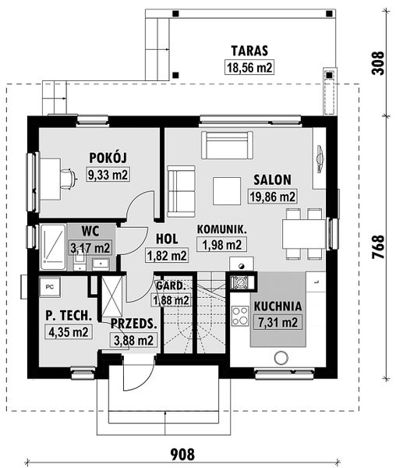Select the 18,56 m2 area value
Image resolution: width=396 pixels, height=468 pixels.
[x=249, y=67]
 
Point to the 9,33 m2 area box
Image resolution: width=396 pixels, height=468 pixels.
[x=108, y=175]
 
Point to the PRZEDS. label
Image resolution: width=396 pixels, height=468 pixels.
[x=133, y=323]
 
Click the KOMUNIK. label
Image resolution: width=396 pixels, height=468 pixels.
[x=221, y=229]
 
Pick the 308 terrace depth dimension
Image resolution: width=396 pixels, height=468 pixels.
[x=379, y=62]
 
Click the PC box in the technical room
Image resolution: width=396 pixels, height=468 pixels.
[x=51, y=285]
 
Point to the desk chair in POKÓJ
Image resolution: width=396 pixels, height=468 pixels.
[x=69, y=179]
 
